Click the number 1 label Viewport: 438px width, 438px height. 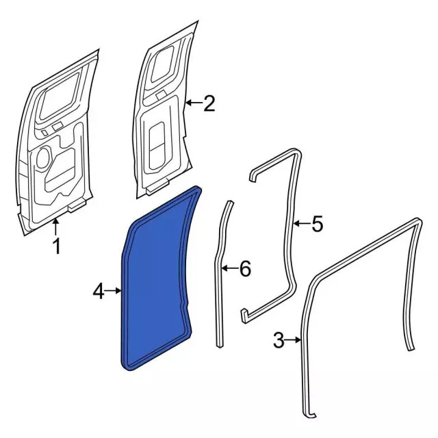(x=57, y=244)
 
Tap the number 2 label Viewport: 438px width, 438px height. (x=209, y=103)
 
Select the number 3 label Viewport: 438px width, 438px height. (x=279, y=339)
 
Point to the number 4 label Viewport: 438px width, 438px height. (x=99, y=292)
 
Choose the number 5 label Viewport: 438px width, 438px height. (x=316, y=224)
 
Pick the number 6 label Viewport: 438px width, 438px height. (x=244, y=269)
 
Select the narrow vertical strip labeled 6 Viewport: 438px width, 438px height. (x=222, y=274)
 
